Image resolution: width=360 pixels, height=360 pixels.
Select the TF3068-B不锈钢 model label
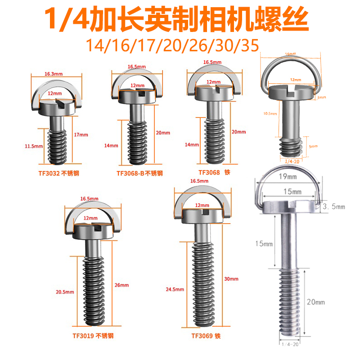point(139,173)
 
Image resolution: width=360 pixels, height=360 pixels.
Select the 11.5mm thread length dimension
point(34,146)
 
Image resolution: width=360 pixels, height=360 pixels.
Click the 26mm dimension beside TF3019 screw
point(122,285)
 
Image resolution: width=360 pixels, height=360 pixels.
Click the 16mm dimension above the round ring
point(290,54)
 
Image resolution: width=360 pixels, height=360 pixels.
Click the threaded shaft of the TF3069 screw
point(204,283)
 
